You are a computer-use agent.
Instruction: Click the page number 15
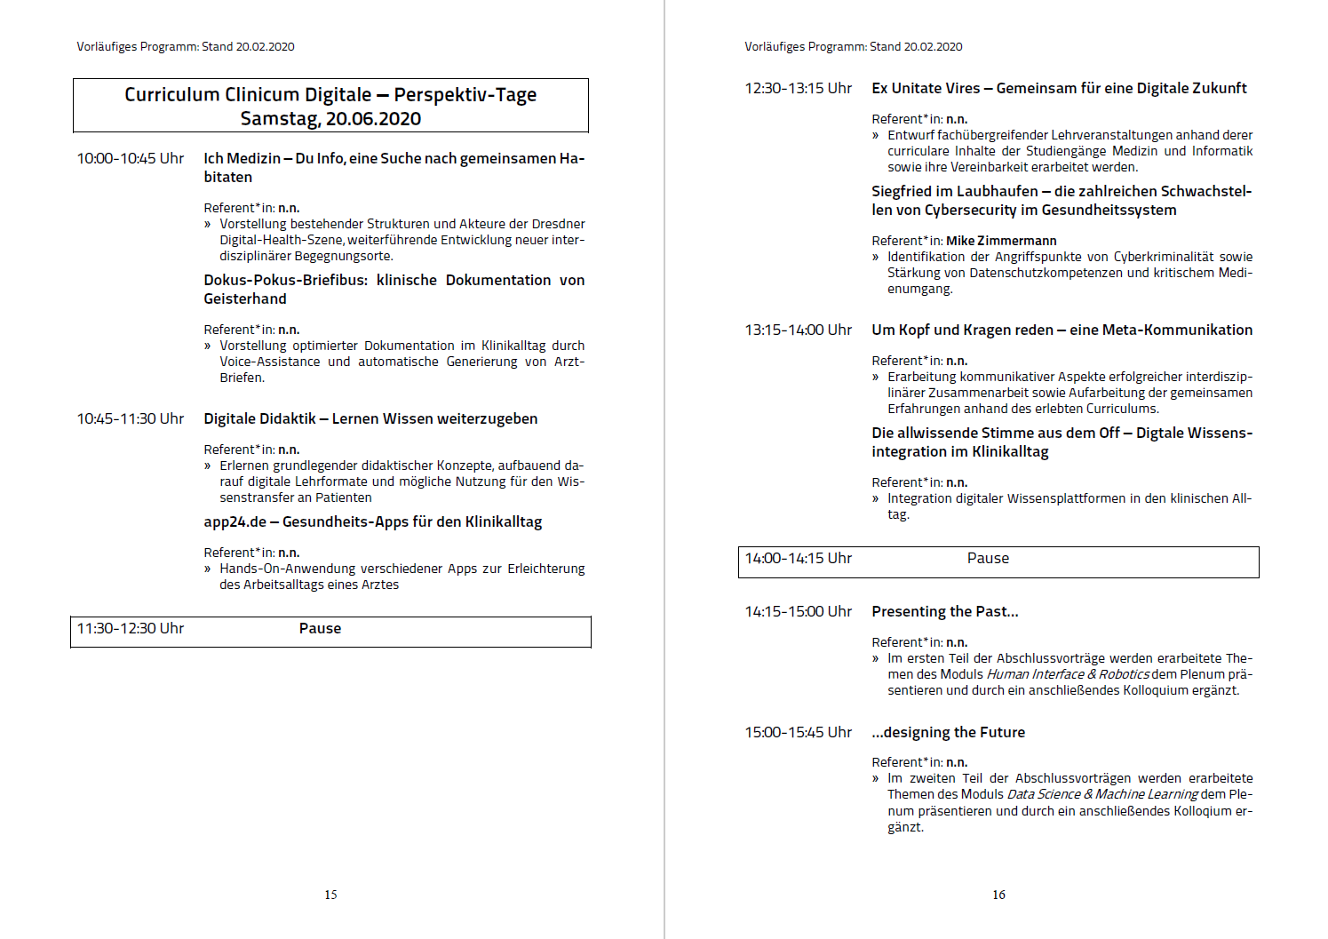330,895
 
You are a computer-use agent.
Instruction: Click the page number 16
998,895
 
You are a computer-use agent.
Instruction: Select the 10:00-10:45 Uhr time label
130,159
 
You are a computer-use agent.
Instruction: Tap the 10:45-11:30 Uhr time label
130,419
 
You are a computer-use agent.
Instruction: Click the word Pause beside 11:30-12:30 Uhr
320,629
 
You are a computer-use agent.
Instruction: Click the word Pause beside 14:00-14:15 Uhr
988,559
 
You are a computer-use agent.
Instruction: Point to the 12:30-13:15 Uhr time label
798,89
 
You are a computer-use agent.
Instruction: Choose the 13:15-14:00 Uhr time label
798,330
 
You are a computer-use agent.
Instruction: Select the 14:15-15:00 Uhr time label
798,612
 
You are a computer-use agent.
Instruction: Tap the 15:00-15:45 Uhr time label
798,733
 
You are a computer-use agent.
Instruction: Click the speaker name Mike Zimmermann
1001,241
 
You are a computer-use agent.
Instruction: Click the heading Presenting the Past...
944,612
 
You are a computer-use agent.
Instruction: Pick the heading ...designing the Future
948,733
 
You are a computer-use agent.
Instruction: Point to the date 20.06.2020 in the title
373,119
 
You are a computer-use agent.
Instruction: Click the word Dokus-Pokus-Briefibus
285,281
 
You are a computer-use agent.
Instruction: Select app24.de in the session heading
235,522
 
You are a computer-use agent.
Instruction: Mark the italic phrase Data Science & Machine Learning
1102,795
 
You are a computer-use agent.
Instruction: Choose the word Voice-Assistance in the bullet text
270,362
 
